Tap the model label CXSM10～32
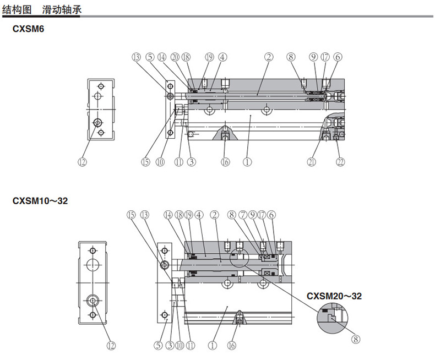pyautogui.click(x=40, y=201)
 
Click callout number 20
pyautogui.click(x=175, y=56)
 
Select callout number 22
pyautogui.click(x=340, y=162)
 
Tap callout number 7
pyautogui.click(x=243, y=215)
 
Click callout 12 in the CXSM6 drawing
pyautogui.click(x=83, y=162)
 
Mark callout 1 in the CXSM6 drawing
pyautogui.click(x=247, y=162)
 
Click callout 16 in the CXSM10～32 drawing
pyautogui.click(x=231, y=346)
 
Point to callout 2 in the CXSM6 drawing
pyautogui.click(x=268, y=56)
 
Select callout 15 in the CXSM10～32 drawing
pyautogui.click(x=130, y=215)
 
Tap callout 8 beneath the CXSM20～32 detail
pyautogui.click(x=356, y=340)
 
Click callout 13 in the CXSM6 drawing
pyautogui.click(x=135, y=56)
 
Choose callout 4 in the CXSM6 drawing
pyautogui.click(x=222, y=56)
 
